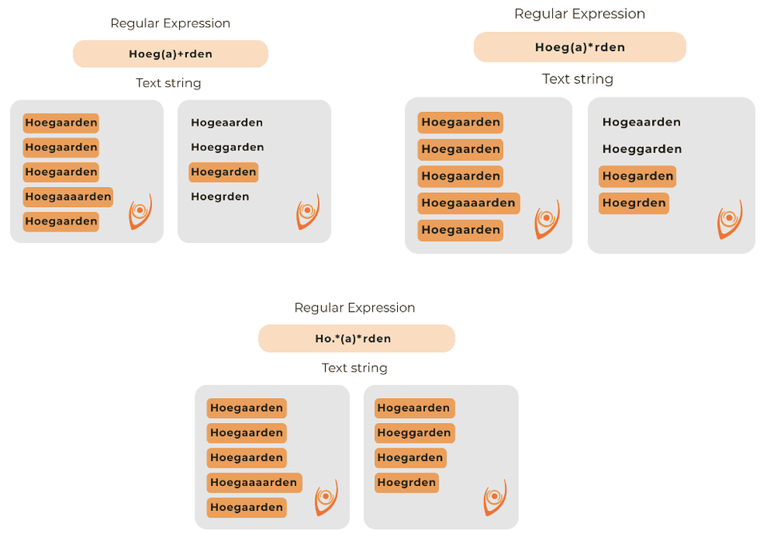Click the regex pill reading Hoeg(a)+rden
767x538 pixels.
170,54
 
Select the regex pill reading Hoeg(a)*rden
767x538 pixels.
579,47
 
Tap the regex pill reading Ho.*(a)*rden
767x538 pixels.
356,338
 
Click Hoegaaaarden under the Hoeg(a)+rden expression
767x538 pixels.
68,197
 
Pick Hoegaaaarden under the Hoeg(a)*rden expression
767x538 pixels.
468,203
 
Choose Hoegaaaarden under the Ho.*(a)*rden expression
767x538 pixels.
254,483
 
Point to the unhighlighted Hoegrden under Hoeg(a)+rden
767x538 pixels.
220,197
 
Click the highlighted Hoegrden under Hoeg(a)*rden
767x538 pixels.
634,203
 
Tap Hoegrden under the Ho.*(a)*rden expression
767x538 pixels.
407,483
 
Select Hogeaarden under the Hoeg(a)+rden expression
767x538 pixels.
227,122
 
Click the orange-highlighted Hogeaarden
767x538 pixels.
415,408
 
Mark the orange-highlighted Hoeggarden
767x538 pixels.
415,433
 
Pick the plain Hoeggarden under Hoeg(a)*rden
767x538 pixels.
642,149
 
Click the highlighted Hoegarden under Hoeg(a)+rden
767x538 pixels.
224,172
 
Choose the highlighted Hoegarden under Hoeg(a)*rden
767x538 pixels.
638,177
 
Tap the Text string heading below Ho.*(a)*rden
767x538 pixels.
355,368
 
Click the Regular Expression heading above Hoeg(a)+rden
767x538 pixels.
170,23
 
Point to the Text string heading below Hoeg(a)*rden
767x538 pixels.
578,79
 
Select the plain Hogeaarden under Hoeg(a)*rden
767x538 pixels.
642,122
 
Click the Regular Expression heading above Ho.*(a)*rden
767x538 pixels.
355,308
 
